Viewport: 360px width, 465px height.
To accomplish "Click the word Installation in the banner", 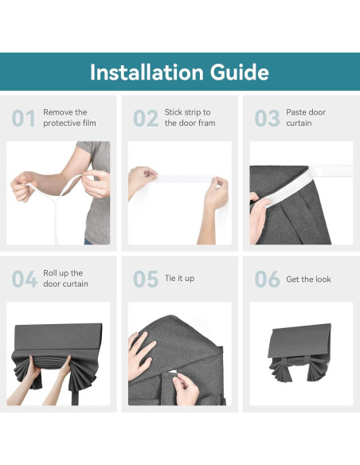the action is point(147,72).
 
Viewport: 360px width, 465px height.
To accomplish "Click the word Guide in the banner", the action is point(240,72).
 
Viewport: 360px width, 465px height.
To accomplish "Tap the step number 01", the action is point(23,118).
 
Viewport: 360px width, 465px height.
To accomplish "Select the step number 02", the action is point(146,118).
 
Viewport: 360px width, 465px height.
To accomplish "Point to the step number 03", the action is point(267,118).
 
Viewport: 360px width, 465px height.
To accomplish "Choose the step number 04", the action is point(25,279).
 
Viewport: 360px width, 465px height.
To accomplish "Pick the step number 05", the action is point(146,279).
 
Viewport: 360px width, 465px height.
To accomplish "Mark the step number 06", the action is point(267,279).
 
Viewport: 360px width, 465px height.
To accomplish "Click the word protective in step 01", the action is point(61,123).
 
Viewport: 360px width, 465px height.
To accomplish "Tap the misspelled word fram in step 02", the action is point(207,123).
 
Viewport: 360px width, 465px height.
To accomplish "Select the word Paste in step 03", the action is point(295,112).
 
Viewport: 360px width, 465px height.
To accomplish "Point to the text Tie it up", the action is point(179,278).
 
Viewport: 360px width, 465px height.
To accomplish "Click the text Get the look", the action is point(308,279).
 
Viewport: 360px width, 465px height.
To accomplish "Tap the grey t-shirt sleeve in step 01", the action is point(84,147).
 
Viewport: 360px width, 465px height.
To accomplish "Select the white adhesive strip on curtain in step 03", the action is point(294,187).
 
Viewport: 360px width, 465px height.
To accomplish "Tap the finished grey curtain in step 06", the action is point(300,351).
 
